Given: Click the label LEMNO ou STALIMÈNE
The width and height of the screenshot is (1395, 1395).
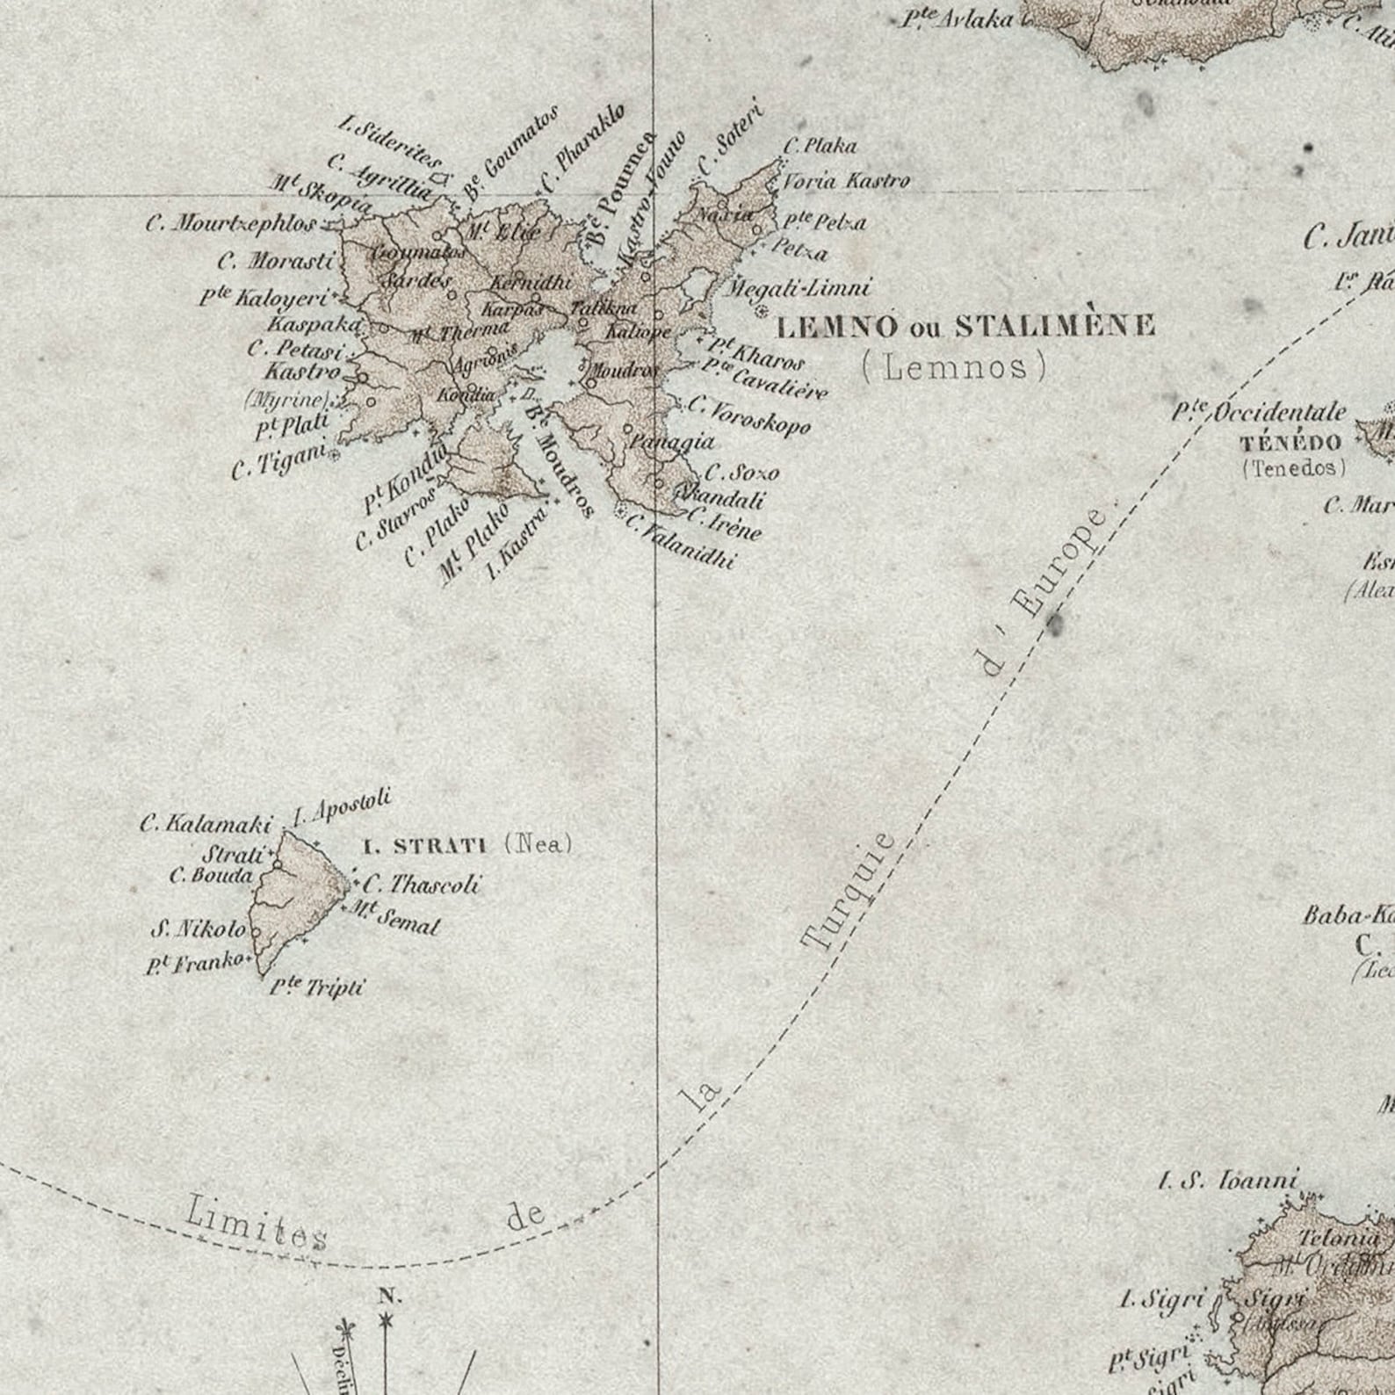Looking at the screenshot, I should click(965, 327).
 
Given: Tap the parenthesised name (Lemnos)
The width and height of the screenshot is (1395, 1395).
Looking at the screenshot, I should click(955, 366).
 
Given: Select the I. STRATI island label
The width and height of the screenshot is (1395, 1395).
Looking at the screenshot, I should click(425, 847).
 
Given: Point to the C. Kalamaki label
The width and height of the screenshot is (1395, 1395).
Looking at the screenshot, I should click(206, 825).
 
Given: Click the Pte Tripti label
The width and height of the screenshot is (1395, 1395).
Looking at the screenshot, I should click(315, 987).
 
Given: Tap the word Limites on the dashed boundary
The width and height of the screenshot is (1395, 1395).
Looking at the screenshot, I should click(256, 1224).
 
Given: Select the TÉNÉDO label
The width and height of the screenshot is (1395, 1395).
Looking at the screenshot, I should click(1290, 442).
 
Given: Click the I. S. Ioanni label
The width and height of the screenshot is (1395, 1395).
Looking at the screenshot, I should click(1227, 1181).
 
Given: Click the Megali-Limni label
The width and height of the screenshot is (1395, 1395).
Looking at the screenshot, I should click(799, 287).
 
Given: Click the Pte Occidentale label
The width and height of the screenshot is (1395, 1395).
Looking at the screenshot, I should click(1260, 412).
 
